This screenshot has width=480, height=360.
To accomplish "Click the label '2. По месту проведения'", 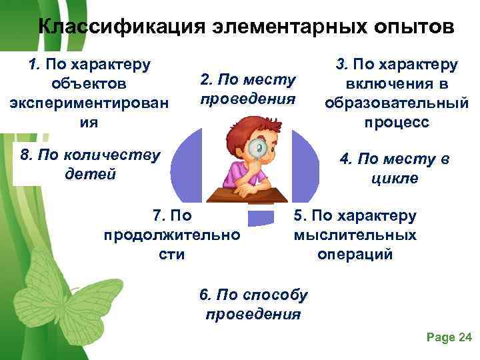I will click(x=247, y=89).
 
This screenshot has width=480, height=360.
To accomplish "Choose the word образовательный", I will click(x=396, y=104).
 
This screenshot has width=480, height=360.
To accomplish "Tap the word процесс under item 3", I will click(x=397, y=123).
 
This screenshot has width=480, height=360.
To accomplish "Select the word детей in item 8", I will click(x=91, y=174).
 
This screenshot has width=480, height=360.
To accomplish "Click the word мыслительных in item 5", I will click(x=355, y=235).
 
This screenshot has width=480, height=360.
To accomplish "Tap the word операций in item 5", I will click(x=355, y=254).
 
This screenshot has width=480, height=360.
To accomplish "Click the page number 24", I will click(x=465, y=338).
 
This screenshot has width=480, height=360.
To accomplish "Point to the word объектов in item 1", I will click(x=89, y=84).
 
